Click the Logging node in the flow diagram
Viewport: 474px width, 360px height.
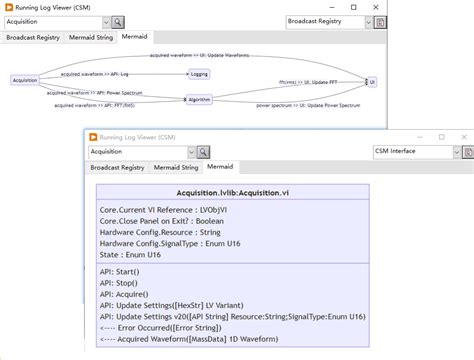(199, 74)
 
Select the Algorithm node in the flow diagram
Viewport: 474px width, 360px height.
(200, 99)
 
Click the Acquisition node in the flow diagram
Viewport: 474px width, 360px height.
(24, 80)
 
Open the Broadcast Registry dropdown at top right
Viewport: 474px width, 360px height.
(329, 20)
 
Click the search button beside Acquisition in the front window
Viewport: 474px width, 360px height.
(204, 152)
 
